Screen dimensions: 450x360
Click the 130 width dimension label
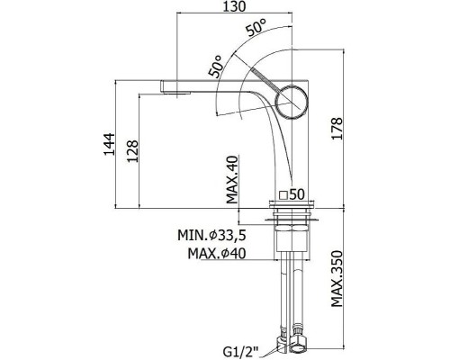(x=234, y=6)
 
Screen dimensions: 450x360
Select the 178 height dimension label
(x=337, y=128)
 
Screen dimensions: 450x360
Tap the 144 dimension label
(x=110, y=144)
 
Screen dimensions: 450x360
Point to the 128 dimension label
(x=132, y=151)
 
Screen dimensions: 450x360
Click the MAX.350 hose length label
(x=337, y=279)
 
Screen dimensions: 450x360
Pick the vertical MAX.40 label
(x=232, y=179)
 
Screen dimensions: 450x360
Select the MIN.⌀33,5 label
(x=211, y=235)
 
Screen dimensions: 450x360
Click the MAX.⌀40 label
(x=217, y=254)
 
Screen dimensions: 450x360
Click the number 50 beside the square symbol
(x=297, y=194)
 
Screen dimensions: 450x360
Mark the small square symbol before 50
(x=283, y=195)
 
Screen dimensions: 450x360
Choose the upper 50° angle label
(x=256, y=27)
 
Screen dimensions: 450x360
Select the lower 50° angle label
(x=216, y=67)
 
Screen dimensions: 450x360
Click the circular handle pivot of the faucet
(x=292, y=102)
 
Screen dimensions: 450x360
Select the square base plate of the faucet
(x=292, y=204)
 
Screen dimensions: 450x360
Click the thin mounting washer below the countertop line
(x=292, y=220)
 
